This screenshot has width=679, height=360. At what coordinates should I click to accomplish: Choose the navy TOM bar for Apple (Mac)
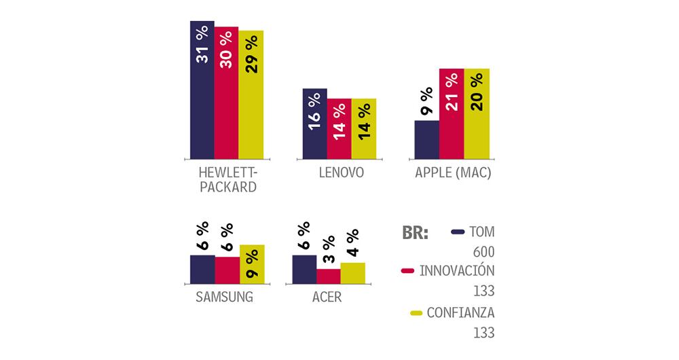pos(426,139)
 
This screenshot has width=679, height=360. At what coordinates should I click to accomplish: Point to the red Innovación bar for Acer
pos(328,276)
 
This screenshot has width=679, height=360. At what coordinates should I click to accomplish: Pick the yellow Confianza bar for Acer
pos(352,273)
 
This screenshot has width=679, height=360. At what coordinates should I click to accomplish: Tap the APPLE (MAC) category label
pos(453,173)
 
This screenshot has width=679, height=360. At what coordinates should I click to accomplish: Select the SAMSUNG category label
pos(224,297)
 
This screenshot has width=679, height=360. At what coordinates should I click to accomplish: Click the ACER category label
pos(327,297)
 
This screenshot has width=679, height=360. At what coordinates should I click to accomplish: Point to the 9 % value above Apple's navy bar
pos(426,103)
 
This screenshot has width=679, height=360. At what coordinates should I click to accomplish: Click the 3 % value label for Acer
pos(328,251)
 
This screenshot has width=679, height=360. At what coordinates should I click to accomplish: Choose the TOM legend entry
pos(481,232)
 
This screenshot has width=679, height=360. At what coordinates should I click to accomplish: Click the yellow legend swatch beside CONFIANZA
pos(416,313)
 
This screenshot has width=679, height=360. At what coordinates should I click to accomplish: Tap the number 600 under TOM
pos(483,252)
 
